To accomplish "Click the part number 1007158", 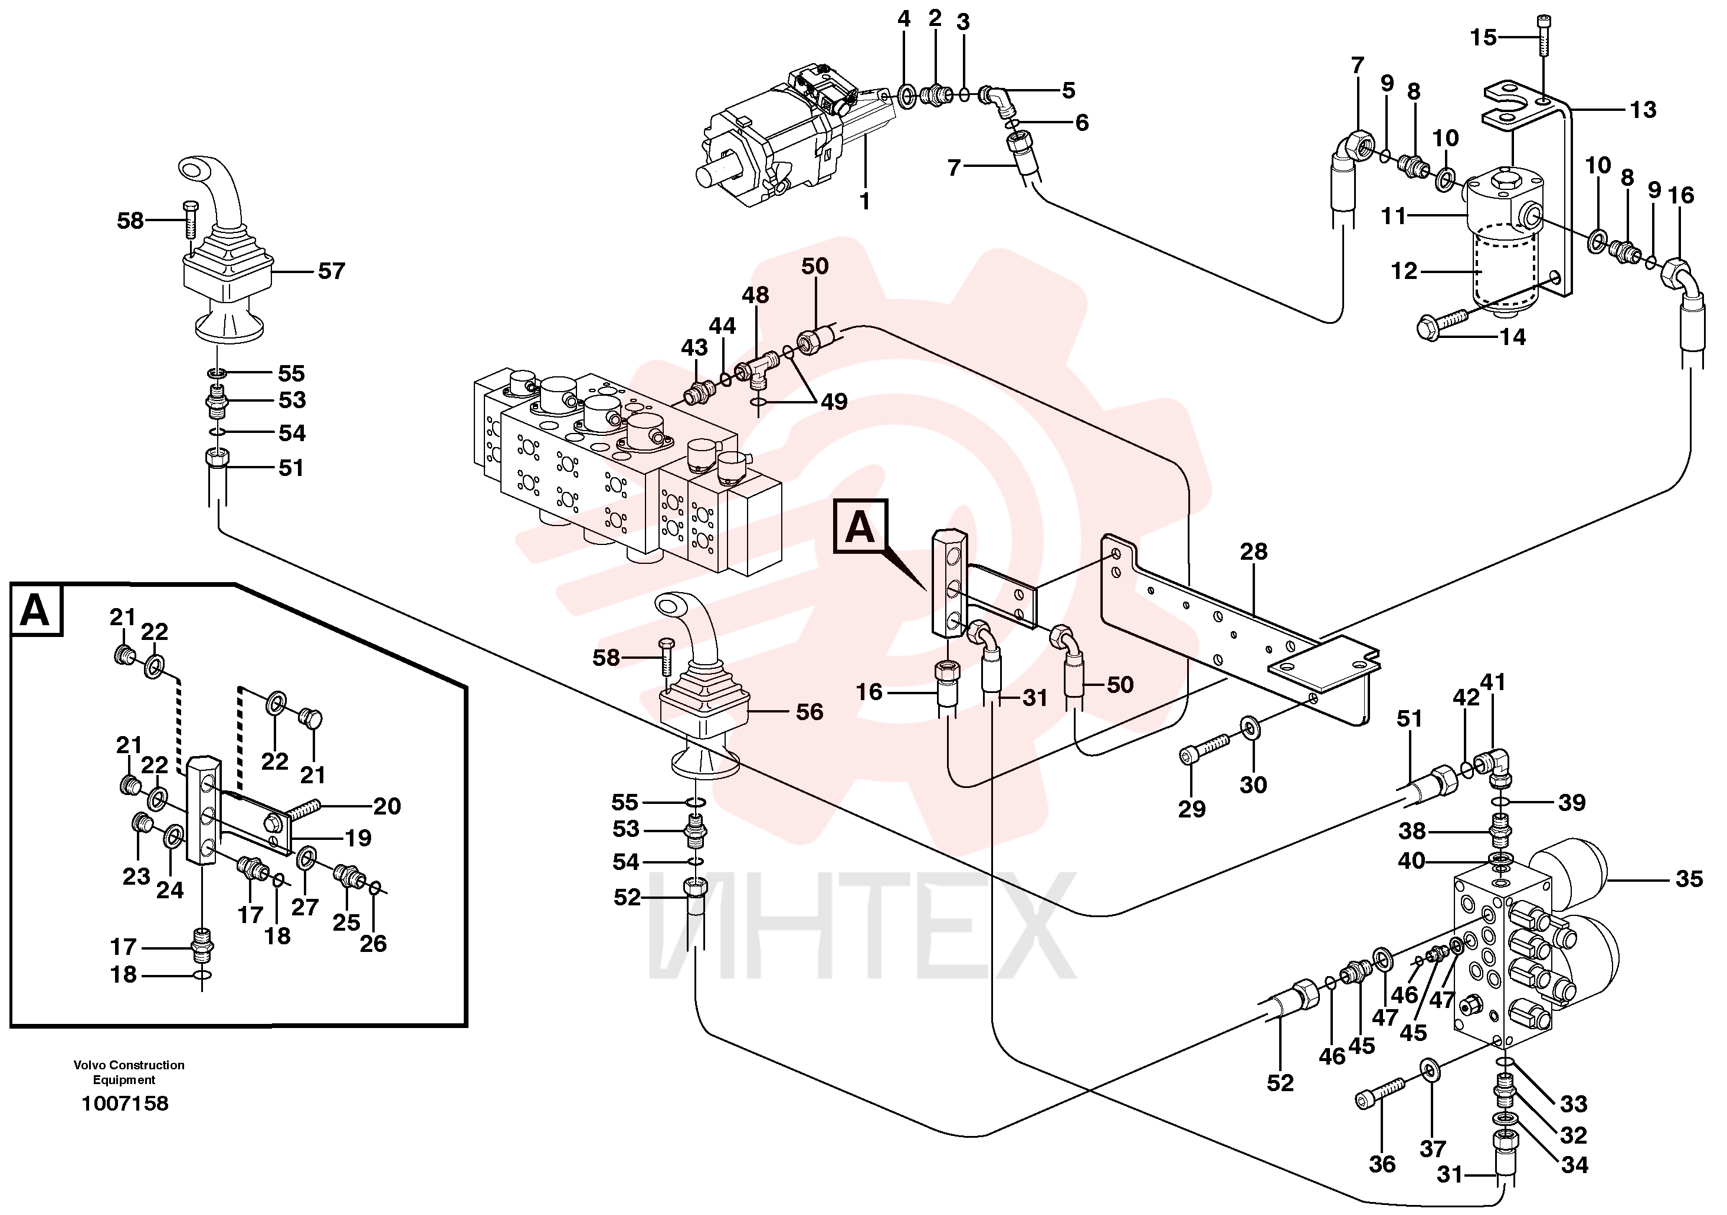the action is pyautogui.click(x=125, y=1104).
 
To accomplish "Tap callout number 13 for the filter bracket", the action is pyautogui.click(x=1643, y=110).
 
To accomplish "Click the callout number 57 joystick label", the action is pyautogui.click(x=332, y=271).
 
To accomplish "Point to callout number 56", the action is pyautogui.click(x=810, y=711).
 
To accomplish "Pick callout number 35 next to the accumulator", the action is pyautogui.click(x=1689, y=879).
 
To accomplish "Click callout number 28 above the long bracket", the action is pyautogui.click(x=1254, y=552).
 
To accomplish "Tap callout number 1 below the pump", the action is pyautogui.click(x=865, y=202).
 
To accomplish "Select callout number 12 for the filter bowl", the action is pyautogui.click(x=1404, y=271).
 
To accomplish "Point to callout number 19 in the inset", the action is pyautogui.click(x=358, y=838).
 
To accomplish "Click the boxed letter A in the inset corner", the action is pyautogui.click(x=35, y=610).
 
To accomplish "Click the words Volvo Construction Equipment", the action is pyautogui.click(x=129, y=1072).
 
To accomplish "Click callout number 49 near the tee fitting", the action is pyautogui.click(x=834, y=402).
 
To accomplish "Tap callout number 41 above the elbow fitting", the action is pyautogui.click(x=1493, y=682).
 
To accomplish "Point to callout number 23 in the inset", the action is pyautogui.click(x=137, y=876).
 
